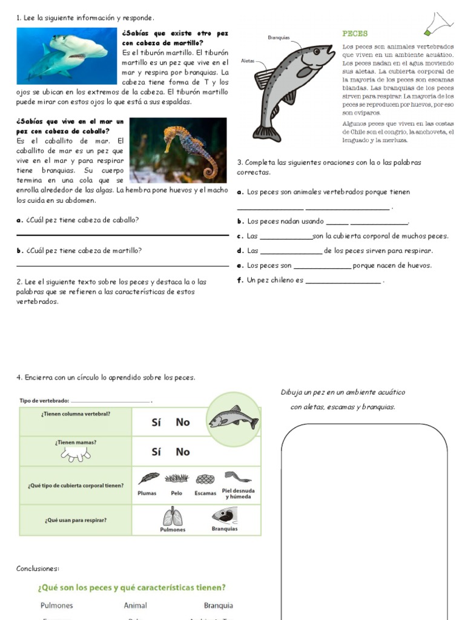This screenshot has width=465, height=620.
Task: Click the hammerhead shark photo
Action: pyautogui.click(x=67, y=55)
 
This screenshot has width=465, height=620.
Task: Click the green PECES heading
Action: pyautogui.click(x=355, y=34)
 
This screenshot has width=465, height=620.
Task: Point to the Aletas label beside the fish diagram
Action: pyautogui.click(x=248, y=61)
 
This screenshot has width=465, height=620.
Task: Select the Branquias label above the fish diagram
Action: pyautogui.click(x=279, y=38)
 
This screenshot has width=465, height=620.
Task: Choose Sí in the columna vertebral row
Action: pyautogui.click(x=156, y=422)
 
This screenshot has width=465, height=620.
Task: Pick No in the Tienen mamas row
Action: pyautogui.click(x=182, y=452)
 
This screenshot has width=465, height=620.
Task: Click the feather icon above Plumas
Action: pyautogui.click(x=148, y=478)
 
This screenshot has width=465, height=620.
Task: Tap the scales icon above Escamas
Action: pyautogui.click(x=206, y=479)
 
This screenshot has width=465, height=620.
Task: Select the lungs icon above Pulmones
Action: pyautogui.click(x=173, y=516)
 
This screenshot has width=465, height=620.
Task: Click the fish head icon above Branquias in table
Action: pyautogui.click(x=224, y=515)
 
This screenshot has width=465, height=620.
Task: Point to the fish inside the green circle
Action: pyautogui.click(x=233, y=418)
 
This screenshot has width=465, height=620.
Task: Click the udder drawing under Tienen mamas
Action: pyautogui.click(x=76, y=455)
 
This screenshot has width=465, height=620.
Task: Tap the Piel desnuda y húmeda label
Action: pyautogui.click(x=238, y=493)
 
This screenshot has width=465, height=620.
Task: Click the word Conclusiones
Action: pyautogui.click(x=38, y=569)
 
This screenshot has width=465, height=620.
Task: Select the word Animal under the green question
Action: pyautogui.click(x=135, y=605)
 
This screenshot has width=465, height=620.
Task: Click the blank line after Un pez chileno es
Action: pyautogui.click(x=343, y=282)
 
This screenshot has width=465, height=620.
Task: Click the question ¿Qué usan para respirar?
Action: pyautogui.click(x=75, y=520)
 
